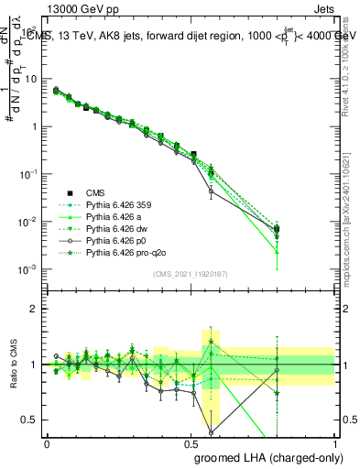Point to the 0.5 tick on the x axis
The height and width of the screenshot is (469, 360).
[x=191, y=442]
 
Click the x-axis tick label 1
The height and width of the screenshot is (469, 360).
[x=335, y=442]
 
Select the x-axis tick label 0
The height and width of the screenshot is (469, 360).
[x=47, y=442]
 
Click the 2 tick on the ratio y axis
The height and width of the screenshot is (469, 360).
[x=34, y=309]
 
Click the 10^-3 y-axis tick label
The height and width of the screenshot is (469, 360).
[x=29, y=269]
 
